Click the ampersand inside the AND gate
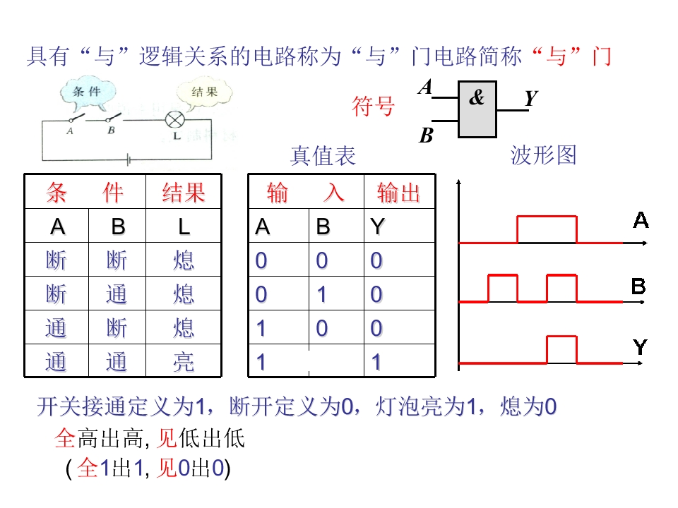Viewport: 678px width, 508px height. [x=477, y=97]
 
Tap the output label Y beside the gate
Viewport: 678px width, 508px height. [x=531, y=98]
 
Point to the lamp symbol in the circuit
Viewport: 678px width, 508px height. [x=174, y=120]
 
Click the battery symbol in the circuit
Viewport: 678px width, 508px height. [x=129, y=160]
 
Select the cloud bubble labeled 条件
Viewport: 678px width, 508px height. [x=88, y=94]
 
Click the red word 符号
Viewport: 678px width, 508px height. [x=373, y=107]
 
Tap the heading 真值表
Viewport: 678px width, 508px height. [x=323, y=155]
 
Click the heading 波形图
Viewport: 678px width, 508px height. [x=544, y=155]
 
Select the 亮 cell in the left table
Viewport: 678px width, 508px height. [x=184, y=361]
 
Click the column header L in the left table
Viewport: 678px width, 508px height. [x=184, y=226]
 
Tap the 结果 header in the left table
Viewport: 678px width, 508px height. [x=184, y=193]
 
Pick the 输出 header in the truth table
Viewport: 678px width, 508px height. [x=398, y=193]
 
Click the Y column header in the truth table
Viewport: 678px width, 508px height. [x=377, y=226]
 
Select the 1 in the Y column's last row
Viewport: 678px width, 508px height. [x=376, y=362]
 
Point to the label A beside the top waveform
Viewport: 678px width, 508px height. [x=641, y=220]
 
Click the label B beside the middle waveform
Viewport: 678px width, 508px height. [x=638, y=286]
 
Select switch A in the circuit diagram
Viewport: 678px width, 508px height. [x=76, y=118]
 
